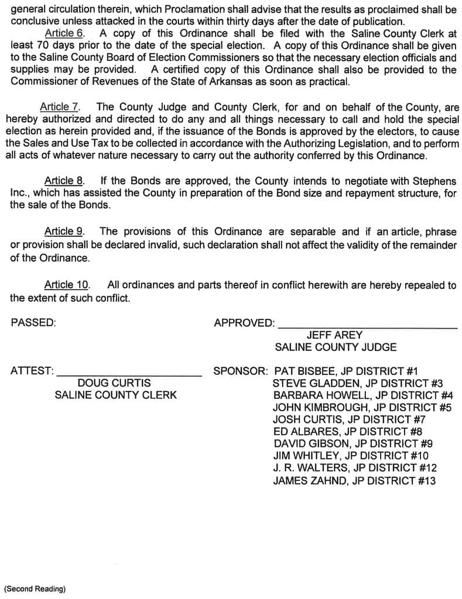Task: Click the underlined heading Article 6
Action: (64, 33)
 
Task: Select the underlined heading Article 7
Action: (59, 107)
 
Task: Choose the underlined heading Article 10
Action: (67, 285)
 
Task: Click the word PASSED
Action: (33, 322)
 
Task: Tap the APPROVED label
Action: (244, 323)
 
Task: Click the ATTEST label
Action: (32, 371)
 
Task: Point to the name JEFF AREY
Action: (334, 335)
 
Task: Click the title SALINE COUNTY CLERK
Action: (115, 395)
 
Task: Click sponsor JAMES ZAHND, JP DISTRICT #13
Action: (354, 481)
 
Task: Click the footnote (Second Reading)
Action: (35, 588)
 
